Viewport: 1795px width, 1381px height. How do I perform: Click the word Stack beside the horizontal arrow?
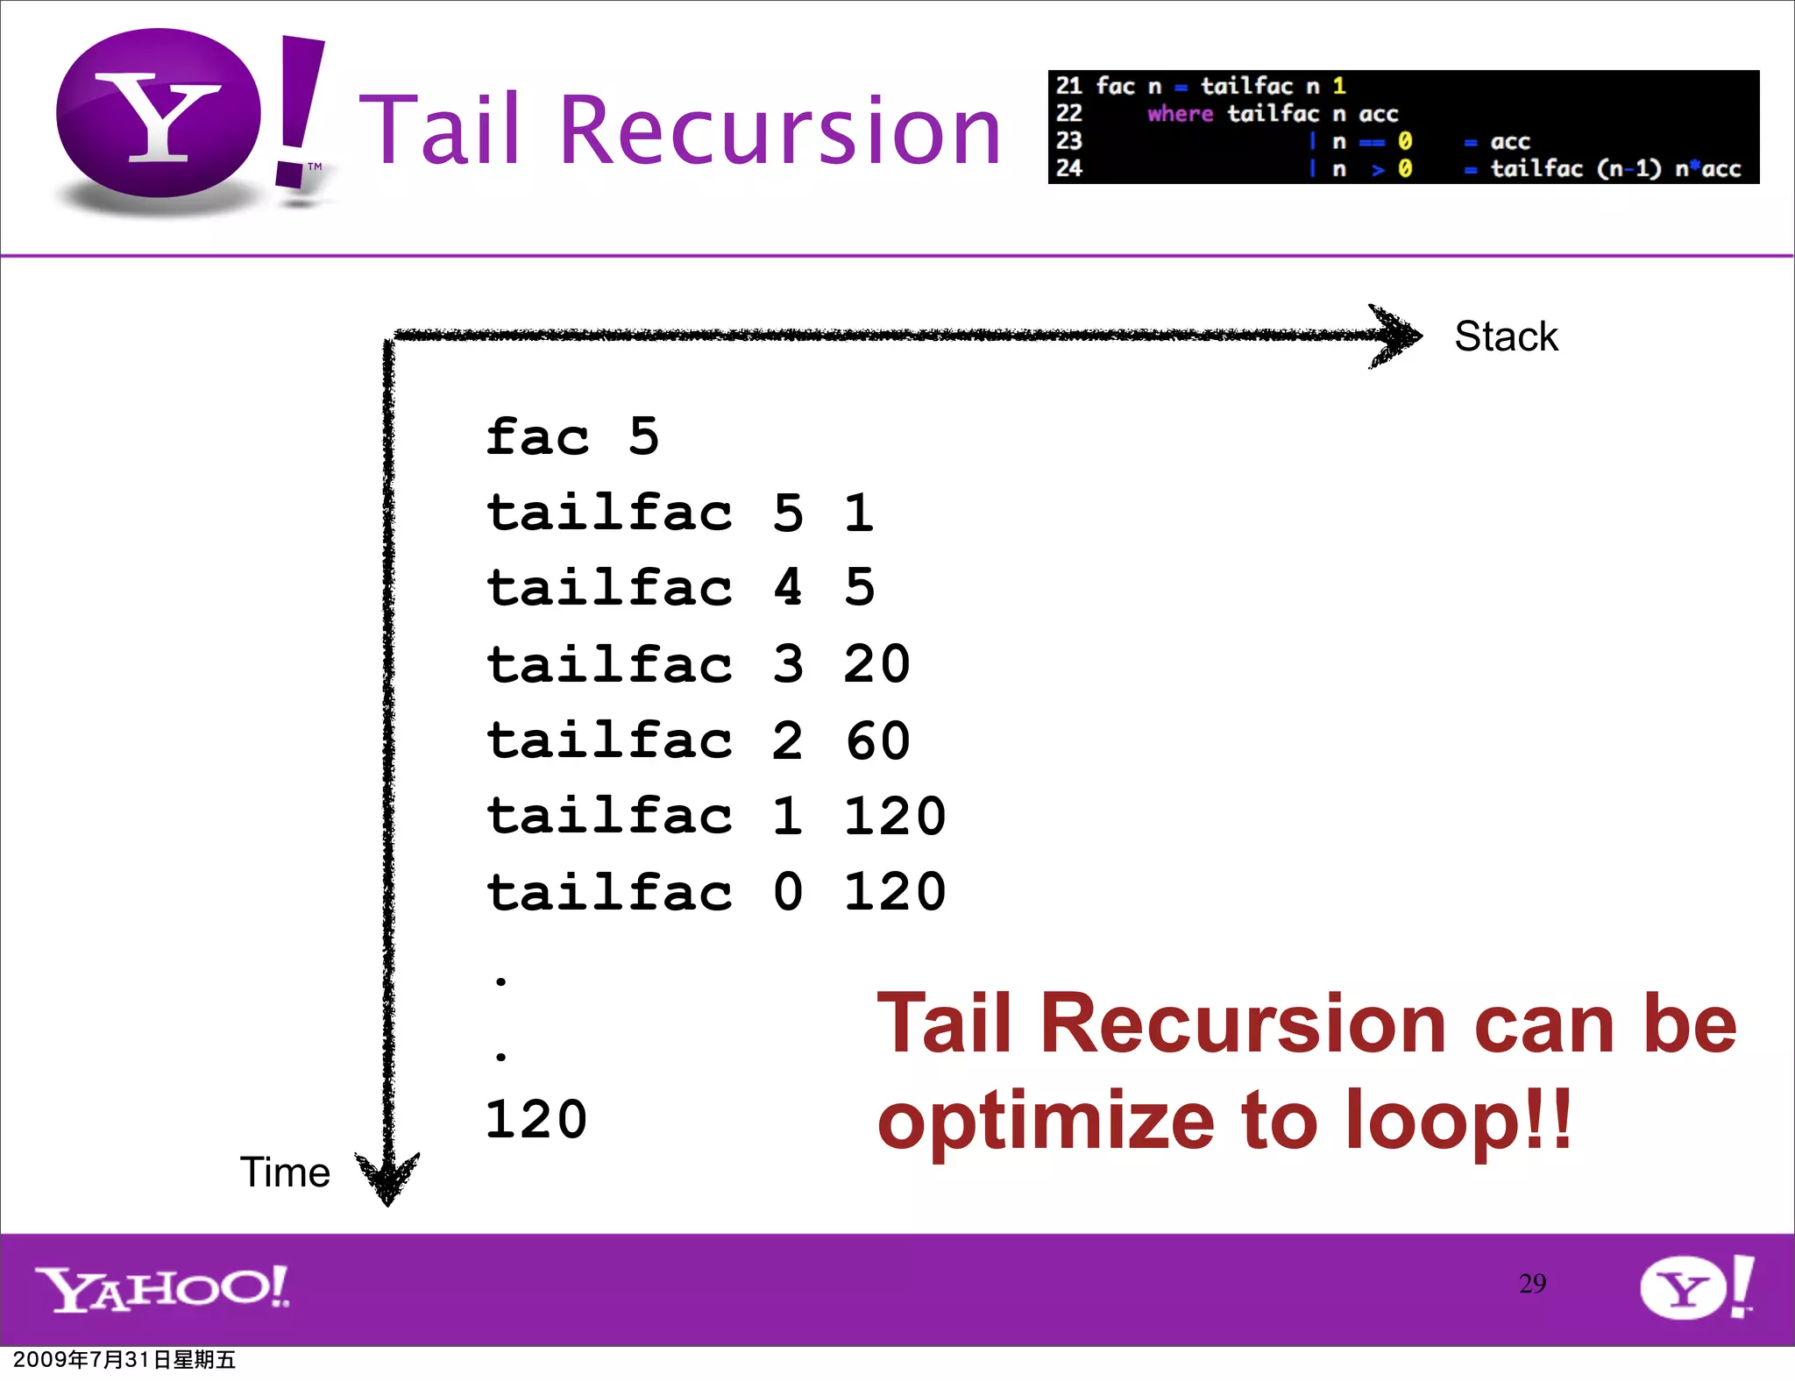pyautogui.click(x=1506, y=336)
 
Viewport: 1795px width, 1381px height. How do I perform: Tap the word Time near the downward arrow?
pyautogui.click(x=285, y=1172)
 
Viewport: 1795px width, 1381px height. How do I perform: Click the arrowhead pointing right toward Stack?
pyautogui.click(x=1397, y=336)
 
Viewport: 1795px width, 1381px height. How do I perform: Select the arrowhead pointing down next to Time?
pyautogui.click(x=387, y=1179)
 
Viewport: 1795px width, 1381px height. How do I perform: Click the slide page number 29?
pyautogui.click(x=1532, y=1284)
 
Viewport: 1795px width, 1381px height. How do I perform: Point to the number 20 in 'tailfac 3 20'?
pyautogui.click(x=876, y=664)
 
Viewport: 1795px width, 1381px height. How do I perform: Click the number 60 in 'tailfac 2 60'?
pyautogui.click(x=877, y=740)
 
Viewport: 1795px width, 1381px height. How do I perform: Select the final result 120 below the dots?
pyautogui.click(x=536, y=1120)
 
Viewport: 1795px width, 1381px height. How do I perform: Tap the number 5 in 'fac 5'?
pyautogui.click(x=643, y=436)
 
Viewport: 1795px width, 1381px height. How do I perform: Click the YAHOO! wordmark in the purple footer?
pyautogui.click(x=162, y=1288)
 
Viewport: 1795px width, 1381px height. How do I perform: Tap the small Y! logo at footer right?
pyautogui.click(x=1695, y=1286)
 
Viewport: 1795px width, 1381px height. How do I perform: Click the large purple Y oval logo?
pyautogui.click(x=159, y=114)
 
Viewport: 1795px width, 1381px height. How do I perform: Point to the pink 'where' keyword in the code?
pyautogui.click(x=1180, y=114)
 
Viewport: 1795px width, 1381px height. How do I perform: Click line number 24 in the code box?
pyautogui.click(x=1068, y=168)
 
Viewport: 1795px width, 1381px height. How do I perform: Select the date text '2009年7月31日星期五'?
pyautogui.click(x=124, y=1360)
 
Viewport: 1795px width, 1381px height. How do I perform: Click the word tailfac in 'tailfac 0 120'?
pyautogui.click(x=609, y=893)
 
